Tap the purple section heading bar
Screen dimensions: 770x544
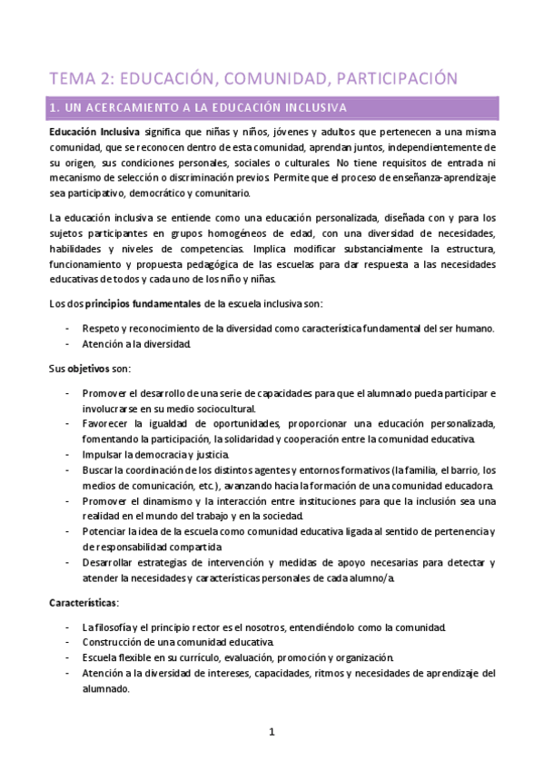coord(272,108)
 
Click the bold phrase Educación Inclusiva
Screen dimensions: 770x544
coord(94,132)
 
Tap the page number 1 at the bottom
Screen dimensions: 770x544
coord(272,732)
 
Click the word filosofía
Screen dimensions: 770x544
coord(114,627)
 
